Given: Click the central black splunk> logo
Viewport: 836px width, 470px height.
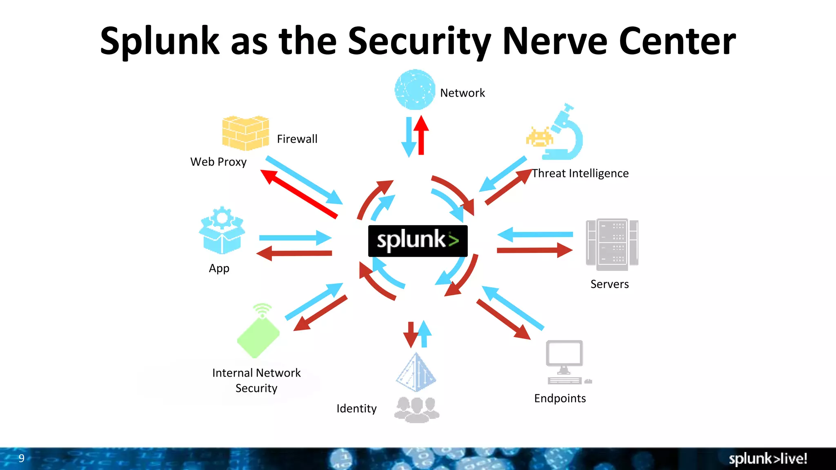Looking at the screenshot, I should pos(418,241).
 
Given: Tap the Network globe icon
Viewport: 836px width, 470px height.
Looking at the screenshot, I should pos(415,90).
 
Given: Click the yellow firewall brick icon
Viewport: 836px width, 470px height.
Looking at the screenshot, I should pos(245,133).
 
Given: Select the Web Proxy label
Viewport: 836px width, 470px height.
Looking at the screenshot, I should pos(218,162).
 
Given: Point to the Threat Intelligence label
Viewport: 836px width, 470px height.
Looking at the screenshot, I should pos(580,173).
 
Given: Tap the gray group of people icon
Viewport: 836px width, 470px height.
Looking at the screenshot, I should pos(416,409).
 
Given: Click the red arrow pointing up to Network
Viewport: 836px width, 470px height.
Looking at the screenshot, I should pos(421,136).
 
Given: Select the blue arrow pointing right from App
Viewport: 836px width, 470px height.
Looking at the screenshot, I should pos(295,238).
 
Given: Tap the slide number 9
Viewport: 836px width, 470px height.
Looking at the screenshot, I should pos(22,458).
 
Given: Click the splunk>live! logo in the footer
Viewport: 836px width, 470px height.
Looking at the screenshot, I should pos(767,459).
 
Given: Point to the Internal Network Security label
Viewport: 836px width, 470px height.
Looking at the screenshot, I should pos(256,380).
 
